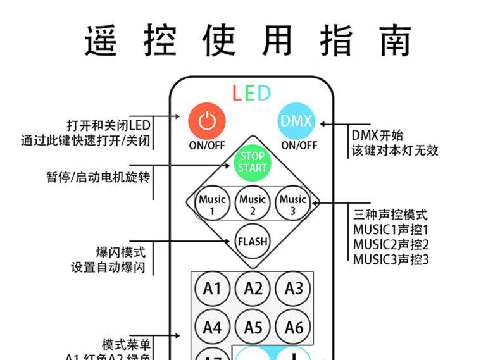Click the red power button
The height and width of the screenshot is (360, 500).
[207, 120]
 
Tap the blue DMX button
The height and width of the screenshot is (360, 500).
[296, 120]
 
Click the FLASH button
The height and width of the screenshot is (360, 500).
[253, 241]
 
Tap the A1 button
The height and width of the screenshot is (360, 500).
[212, 289]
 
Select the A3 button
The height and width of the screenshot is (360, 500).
[293, 289]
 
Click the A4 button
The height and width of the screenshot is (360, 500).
[212, 328]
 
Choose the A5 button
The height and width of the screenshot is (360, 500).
[253, 328]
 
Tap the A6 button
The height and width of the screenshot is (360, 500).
[293, 328]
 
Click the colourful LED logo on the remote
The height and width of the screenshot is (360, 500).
[251, 94]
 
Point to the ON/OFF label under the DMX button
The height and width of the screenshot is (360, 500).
[299, 145]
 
